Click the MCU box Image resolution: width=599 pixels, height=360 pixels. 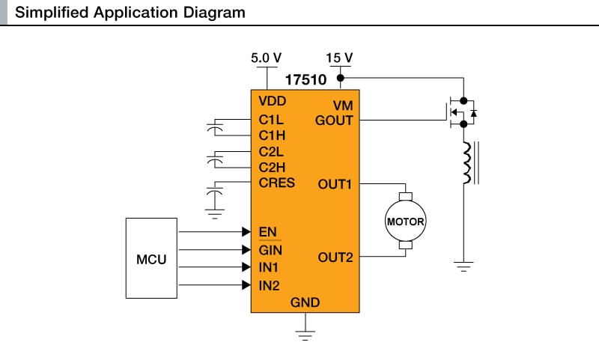[x=151, y=260]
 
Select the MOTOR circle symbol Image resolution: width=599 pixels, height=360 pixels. [x=405, y=222]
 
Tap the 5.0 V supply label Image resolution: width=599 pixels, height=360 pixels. [x=267, y=58]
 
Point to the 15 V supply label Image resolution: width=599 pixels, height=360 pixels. [x=340, y=58]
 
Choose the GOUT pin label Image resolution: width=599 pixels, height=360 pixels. [x=334, y=120]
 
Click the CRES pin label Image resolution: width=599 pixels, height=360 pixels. [x=276, y=183]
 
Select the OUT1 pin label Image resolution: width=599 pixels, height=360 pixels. [x=335, y=183]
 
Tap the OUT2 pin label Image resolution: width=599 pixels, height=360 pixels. [x=335, y=257]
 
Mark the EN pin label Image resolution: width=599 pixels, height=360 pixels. [x=267, y=231]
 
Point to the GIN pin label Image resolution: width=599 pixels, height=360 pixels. [x=270, y=249]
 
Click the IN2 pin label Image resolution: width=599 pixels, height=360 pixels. [x=269, y=284]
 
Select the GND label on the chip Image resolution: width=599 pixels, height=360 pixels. [x=305, y=302]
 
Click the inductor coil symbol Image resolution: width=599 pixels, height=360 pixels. [x=467, y=163]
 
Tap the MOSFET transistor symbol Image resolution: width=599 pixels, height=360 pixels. [x=460, y=112]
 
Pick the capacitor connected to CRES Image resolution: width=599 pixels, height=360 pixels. [x=216, y=197]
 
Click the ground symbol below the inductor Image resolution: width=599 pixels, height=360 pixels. [x=464, y=266]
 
